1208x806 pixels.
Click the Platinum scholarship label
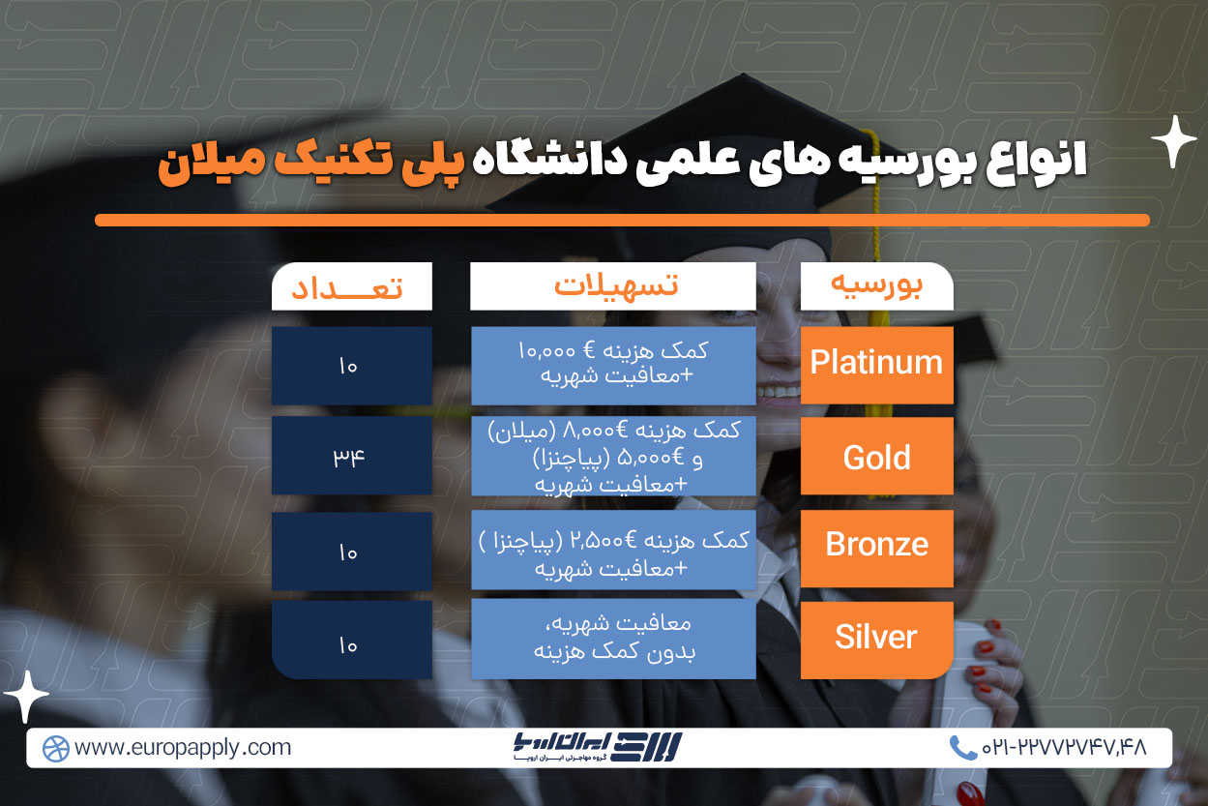pyautogui.click(x=876, y=362)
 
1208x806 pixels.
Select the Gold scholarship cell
pyautogui.click(x=877, y=456)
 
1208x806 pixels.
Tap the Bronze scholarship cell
pyautogui.click(x=877, y=549)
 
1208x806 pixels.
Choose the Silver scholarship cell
pyautogui.click(x=877, y=640)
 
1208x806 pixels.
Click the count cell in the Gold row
pyautogui.click(x=352, y=456)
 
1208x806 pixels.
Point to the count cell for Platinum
pyautogui.click(x=352, y=365)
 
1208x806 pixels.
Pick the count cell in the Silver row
pyautogui.click(x=352, y=640)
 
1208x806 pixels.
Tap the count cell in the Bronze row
pyautogui.click(x=352, y=551)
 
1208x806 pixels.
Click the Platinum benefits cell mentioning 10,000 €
pyautogui.click(x=613, y=365)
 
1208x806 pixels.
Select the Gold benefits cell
pyautogui.click(x=613, y=456)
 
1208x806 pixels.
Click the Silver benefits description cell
pyautogui.click(x=613, y=639)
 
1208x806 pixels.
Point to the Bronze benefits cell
pyautogui.click(x=613, y=550)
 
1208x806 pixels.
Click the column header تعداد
pyautogui.click(x=352, y=286)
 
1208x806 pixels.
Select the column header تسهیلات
pyautogui.click(x=613, y=286)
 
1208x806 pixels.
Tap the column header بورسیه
pyautogui.click(x=877, y=286)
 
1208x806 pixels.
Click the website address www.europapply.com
pyautogui.click(x=183, y=748)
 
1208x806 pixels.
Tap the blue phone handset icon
pyautogui.click(x=962, y=748)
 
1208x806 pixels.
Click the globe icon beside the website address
pyautogui.click(x=56, y=749)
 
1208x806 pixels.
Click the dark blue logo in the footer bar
pyautogui.click(x=598, y=747)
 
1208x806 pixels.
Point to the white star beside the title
pyautogui.click(x=1173, y=141)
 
